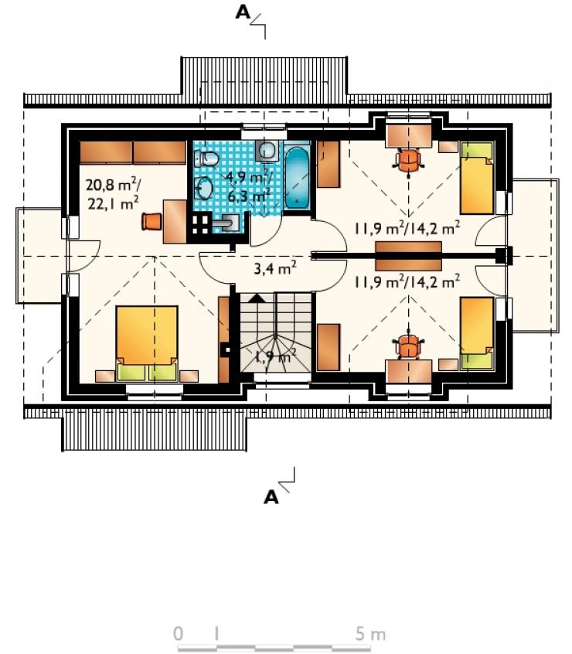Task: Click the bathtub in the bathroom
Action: pos(298,177)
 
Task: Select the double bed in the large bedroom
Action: pos(147,343)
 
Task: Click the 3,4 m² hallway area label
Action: pos(274,267)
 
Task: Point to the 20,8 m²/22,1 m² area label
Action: pos(114,193)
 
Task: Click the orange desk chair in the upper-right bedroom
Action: pos(409,161)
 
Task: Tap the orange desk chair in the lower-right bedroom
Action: pos(409,346)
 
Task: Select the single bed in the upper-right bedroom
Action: pos(477,178)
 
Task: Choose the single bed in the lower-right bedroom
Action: pos(477,333)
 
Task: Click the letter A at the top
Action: pos(243,12)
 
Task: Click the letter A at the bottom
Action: pos(271,497)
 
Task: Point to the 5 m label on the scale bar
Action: pos(370,634)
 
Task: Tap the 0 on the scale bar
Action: pos(178,634)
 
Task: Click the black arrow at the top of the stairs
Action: pos(257,298)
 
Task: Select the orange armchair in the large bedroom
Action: pos(152,221)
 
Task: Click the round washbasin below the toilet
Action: pos(205,189)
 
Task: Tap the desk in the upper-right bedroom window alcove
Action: pos(409,135)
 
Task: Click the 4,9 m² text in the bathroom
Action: pos(248,177)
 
